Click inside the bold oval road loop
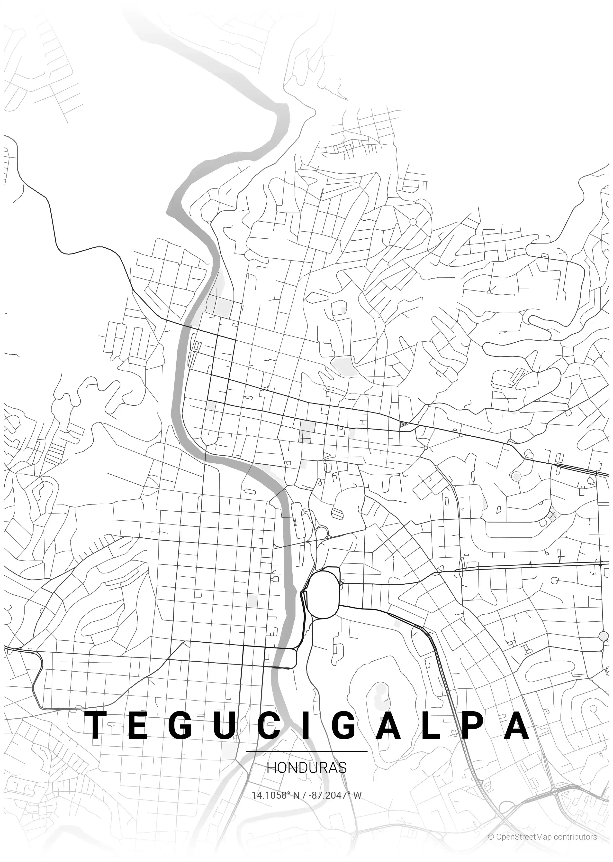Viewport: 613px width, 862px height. [x=324, y=594]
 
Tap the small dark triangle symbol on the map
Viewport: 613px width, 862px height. [x=404, y=424]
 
